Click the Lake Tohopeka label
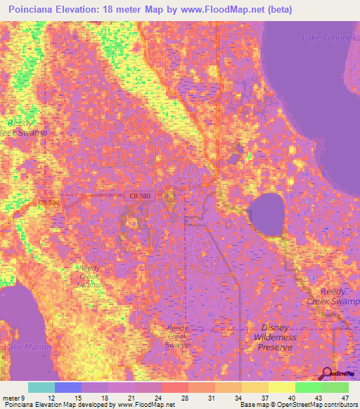pyautogui.click(x=330, y=37)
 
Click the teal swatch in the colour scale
pyautogui.click(x=41, y=387)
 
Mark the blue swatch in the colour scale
pyautogui.click(x=68, y=387)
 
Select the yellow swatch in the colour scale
pyautogui.click(x=282, y=387)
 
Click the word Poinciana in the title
pyautogui.click(x=37, y=10)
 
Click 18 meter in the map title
pyautogui.click(x=143, y=10)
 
